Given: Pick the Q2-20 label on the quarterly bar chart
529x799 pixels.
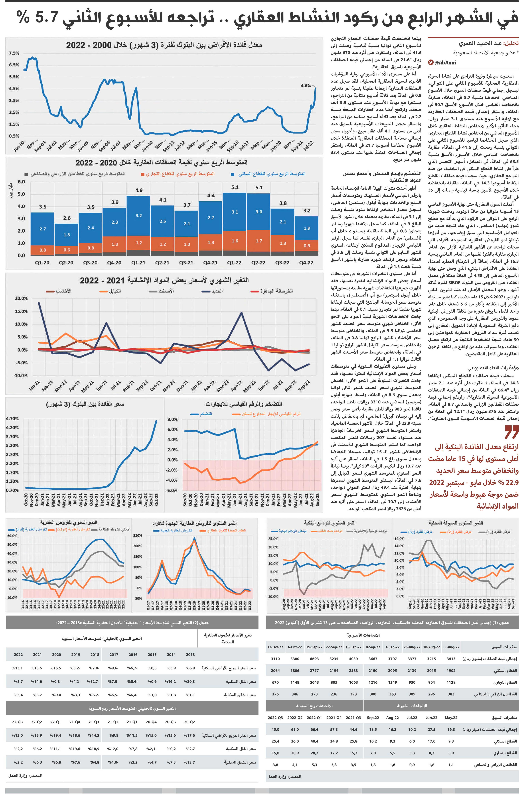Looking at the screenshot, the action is click(x=66, y=263).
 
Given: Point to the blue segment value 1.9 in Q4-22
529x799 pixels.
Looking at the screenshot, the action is click(x=307, y=228).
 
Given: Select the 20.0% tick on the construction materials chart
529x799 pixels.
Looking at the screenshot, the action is click(x=21, y=298).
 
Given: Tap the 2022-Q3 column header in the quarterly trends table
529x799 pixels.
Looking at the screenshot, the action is click(x=275, y=718).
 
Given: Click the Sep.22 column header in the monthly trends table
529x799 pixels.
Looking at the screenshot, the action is click(x=373, y=718).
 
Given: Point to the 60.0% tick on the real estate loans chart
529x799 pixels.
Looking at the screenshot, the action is click(x=12, y=536).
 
